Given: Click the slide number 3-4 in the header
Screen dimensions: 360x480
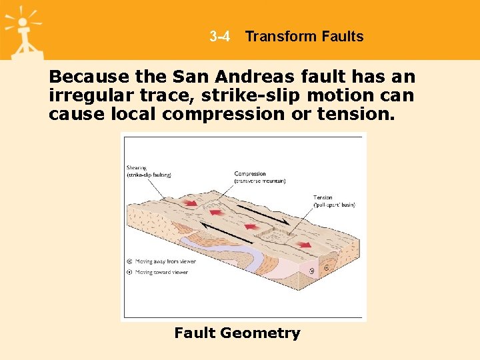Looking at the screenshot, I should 219,37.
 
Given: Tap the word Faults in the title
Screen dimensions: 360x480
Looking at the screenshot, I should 341,37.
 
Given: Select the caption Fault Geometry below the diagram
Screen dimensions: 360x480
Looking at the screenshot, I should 237,333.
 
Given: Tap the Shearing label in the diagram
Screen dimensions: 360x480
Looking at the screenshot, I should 138,167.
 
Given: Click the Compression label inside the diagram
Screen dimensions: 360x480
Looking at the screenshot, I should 250,174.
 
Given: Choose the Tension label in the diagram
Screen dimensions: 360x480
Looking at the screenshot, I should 323,197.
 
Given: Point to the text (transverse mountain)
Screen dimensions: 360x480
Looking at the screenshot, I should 260,181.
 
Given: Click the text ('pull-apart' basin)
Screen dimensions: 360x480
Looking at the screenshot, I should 334,205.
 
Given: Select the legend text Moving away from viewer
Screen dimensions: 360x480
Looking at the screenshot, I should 165,261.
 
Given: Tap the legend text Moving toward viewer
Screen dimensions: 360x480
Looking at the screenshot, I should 161,272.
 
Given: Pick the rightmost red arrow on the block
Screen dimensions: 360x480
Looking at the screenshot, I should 303,245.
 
